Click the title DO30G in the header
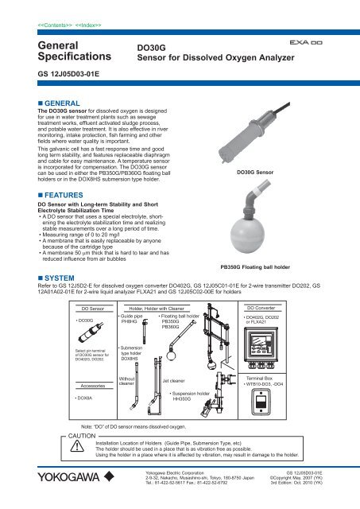[x=153, y=47]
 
